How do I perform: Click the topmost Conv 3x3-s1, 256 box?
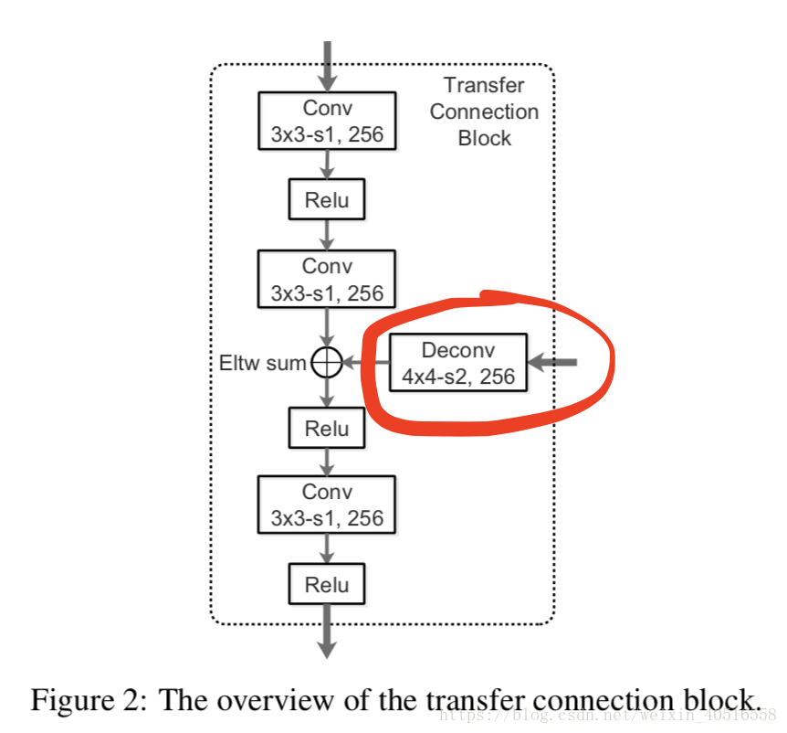tap(327, 121)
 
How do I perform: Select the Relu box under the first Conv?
tap(327, 199)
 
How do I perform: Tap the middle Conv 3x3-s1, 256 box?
tap(327, 278)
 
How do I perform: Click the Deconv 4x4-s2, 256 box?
tap(458, 362)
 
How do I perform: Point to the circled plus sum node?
tap(326, 364)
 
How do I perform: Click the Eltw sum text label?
tap(262, 364)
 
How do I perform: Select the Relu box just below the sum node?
tap(327, 428)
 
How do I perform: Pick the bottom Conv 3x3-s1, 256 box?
tap(327, 505)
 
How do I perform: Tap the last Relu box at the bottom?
tap(327, 583)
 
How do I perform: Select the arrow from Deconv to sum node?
tap(365, 364)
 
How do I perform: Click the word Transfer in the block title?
tap(484, 85)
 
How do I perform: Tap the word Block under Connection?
tap(484, 139)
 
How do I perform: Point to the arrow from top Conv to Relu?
tap(327, 165)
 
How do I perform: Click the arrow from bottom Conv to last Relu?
tap(327, 548)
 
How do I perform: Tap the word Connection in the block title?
tap(484, 112)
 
